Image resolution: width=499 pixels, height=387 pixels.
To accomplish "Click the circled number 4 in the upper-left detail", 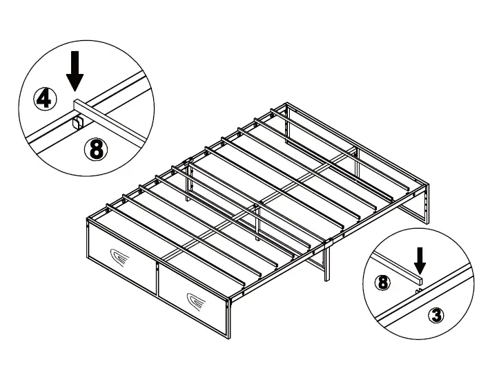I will [44, 100].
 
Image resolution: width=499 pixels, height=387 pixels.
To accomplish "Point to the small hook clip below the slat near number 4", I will [78, 123].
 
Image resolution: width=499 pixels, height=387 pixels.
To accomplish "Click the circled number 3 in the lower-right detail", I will [435, 316].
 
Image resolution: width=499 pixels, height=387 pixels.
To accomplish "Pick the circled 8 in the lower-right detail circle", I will [381, 282].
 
